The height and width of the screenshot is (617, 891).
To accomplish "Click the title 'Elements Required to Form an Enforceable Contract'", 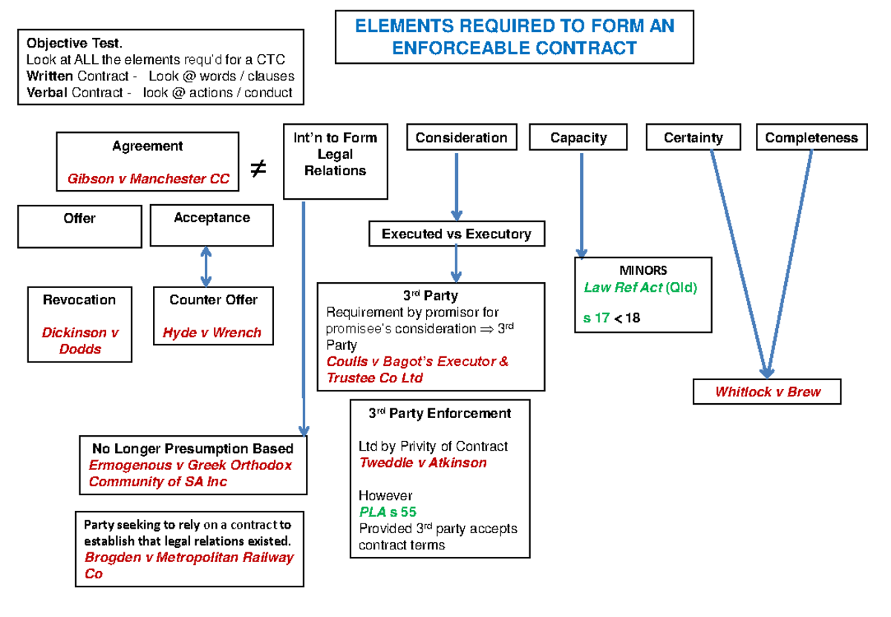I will coord(515,37).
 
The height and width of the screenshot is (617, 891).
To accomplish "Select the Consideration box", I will coord(461,138).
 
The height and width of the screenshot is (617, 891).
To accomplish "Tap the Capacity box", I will coord(578,138).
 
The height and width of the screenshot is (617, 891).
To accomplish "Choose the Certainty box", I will coord(693,138).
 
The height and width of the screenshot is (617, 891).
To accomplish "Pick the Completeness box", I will coord(811,138).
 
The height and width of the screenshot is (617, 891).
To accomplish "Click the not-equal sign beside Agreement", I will coord(258,170).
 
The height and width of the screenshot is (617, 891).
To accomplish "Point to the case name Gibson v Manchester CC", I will coord(148,179).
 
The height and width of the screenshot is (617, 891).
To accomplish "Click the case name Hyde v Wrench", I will coord(212,333).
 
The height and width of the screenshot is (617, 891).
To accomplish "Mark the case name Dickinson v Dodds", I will coord(79,341).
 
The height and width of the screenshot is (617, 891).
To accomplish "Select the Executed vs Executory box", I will coord(456,235).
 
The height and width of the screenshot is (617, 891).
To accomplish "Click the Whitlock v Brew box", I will coord(767,392).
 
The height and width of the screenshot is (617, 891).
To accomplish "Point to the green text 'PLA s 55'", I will coord(387,512).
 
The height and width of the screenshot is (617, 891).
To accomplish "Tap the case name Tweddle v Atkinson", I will coord(422,463).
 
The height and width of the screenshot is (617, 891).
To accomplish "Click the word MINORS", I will coord(643,270).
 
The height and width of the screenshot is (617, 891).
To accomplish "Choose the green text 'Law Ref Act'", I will coord(622,287).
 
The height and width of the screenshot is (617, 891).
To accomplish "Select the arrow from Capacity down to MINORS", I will coord(581,204).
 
